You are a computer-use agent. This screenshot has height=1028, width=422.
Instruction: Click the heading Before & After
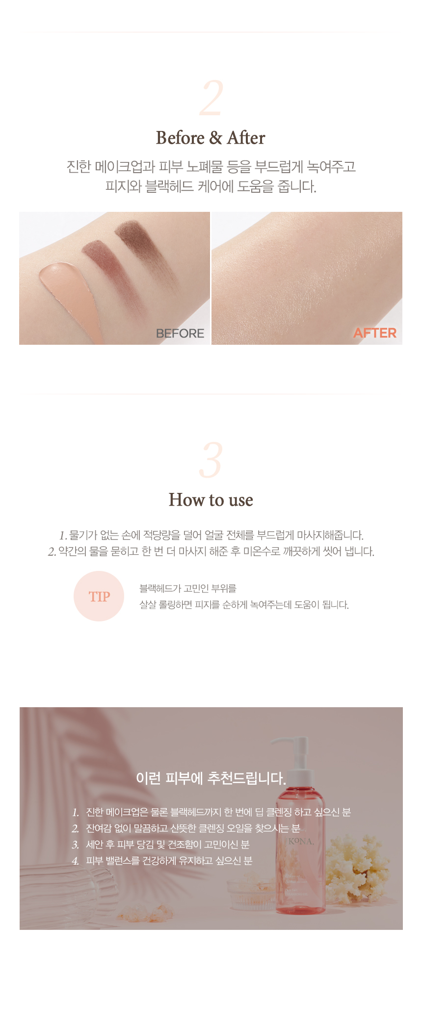click(211, 138)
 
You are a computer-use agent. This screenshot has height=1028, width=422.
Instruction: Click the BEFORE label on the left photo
click(180, 334)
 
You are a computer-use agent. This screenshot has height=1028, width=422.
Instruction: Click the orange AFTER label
click(375, 333)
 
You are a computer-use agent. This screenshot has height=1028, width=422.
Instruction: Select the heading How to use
click(211, 500)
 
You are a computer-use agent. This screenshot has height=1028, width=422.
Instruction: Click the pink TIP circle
click(99, 596)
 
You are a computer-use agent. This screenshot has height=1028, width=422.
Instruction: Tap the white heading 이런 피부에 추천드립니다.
click(211, 778)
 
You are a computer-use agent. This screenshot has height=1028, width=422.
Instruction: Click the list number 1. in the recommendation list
click(76, 813)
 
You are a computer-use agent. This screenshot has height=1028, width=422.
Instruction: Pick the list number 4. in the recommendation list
click(76, 861)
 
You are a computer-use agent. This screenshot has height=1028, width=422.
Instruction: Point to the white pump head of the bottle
click(292, 750)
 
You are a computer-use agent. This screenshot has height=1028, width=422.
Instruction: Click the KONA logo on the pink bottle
click(301, 841)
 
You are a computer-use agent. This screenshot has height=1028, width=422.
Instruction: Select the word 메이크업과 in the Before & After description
click(125, 167)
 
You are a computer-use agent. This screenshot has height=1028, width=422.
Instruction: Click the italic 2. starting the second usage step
click(52, 552)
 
